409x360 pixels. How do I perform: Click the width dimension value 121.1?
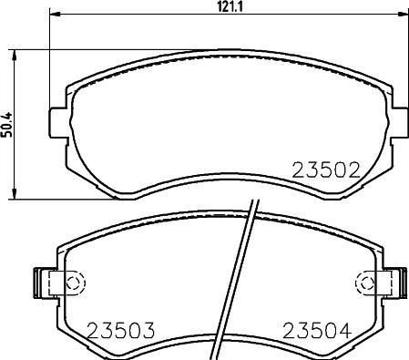pos(230,6)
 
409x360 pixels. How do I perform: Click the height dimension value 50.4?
pos(6,125)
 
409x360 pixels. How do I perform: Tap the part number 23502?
pos(326,170)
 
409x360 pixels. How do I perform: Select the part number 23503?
pos(121,331)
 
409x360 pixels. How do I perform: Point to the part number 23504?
pos(317,331)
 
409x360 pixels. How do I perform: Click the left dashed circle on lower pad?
pos(74,283)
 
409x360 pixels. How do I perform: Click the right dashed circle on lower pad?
pos(365,283)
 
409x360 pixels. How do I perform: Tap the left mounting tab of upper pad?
pos(57,122)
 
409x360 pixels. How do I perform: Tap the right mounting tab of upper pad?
pos(399,122)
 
